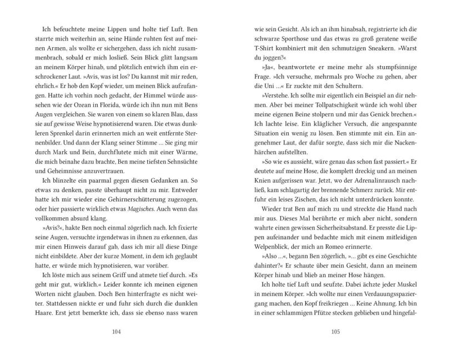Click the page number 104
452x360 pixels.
[x=116, y=333]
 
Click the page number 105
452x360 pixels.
[x=335, y=333]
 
